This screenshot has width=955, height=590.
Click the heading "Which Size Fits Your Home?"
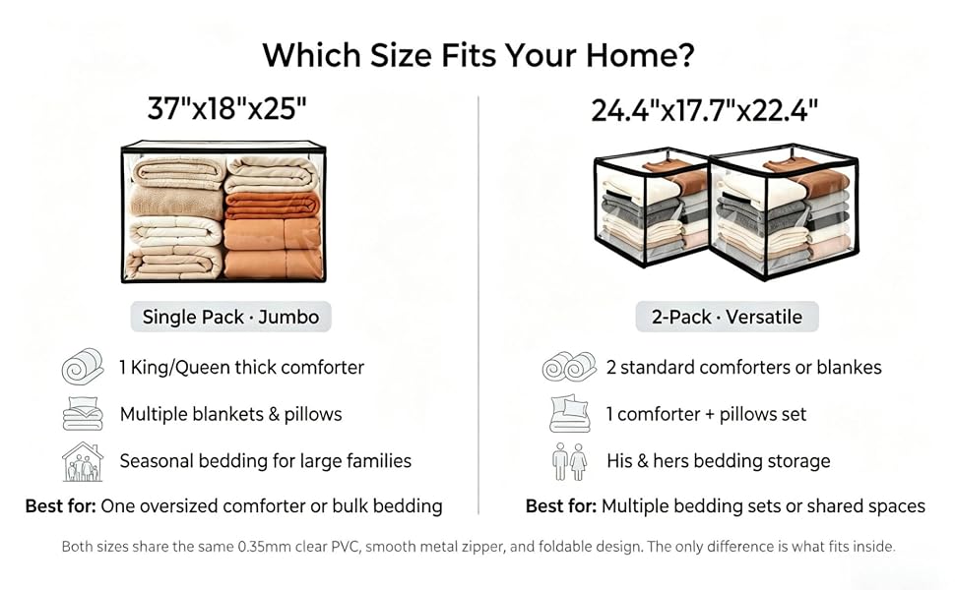pyautogui.click(x=478, y=55)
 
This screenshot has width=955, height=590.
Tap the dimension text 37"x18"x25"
pyautogui.click(x=226, y=109)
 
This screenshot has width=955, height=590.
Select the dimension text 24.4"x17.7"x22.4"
pyautogui.click(x=705, y=111)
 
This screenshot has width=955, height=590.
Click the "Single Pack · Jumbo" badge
pyautogui.click(x=230, y=317)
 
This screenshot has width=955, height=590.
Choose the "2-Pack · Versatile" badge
pyautogui.click(x=727, y=317)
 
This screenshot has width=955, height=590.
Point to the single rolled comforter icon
pyautogui.click(x=83, y=366)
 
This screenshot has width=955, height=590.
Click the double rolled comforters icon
pyautogui.click(x=569, y=367)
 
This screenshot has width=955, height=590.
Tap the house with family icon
pyautogui.click(x=83, y=461)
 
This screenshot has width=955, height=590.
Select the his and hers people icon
pyautogui.click(x=569, y=461)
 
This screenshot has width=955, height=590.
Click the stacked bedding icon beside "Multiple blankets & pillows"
pyautogui.click(x=83, y=414)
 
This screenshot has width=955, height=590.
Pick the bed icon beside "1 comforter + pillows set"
pyautogui.click(x=569, y=414)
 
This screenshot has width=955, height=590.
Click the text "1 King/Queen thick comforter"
pyautogui.click(x=242, y=368)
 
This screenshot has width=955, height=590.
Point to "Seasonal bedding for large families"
pyautogui.click(x=266, y=461)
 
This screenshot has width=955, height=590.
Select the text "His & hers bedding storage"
pyautogui.click(x=719, y=461)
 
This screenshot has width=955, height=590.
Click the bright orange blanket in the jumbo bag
pyautogui.click(x=273, y=205)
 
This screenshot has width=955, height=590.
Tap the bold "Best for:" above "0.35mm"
pyautogui.click(x=60, y=506)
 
